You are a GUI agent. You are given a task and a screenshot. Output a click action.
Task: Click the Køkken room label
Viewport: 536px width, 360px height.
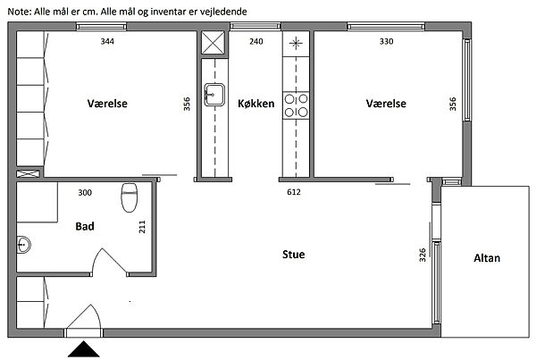[256, 104]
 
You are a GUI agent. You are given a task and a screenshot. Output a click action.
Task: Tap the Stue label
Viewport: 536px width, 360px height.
[294, 255]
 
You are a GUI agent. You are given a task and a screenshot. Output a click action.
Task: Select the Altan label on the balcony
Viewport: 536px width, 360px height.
[487, 258]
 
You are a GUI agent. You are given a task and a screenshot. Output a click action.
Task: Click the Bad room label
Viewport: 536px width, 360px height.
[85, 226]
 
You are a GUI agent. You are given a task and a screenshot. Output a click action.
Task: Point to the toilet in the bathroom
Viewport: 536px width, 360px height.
[130, 197]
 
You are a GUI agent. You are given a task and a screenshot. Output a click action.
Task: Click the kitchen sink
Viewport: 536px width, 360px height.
[214, 95]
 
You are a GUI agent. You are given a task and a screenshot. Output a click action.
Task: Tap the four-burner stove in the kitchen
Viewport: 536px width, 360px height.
[296, 105]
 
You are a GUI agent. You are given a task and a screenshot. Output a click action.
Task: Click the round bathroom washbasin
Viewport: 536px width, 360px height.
[23, 245]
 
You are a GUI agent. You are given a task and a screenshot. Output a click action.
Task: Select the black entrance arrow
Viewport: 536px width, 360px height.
[83, 349]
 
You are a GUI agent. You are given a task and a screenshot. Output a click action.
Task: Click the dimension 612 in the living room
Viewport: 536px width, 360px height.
[294, 192]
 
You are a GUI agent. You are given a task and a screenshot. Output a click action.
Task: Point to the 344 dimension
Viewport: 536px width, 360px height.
[107, 41]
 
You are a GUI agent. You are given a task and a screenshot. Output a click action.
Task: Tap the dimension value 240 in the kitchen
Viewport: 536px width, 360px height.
[256, 41]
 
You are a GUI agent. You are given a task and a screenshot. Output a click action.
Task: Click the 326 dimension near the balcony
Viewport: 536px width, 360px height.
[423, 255]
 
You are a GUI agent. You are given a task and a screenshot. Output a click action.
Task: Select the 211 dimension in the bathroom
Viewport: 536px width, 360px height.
[142, 227]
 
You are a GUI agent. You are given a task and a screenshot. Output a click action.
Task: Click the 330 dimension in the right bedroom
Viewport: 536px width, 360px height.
[386, 41]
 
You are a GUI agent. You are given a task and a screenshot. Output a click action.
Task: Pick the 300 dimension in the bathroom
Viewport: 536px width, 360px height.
[85, 192]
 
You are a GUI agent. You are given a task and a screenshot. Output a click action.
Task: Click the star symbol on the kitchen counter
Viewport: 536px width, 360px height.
[296, 43]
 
